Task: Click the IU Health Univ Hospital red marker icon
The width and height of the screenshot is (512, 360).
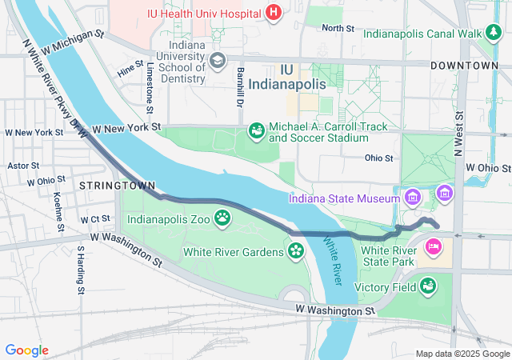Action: (x=274, y=12)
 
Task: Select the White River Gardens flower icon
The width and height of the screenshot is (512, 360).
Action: (x=296, y=252)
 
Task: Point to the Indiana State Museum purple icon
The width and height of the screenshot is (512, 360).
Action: (x=412, y=197)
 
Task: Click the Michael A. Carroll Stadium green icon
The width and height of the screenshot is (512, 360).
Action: (x=257, y=130)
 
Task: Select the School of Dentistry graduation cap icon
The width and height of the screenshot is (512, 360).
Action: (x=217, y=61)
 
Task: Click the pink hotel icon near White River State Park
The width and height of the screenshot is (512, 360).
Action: (x=434, y=246)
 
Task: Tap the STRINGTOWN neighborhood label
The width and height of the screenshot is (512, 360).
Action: (x=117, y=185)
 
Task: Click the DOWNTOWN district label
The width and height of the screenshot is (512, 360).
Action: (x=464, y=65)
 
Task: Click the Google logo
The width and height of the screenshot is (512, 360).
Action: (x=27, y=350)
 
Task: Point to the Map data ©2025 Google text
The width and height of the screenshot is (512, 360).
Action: (x=462, y=354)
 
